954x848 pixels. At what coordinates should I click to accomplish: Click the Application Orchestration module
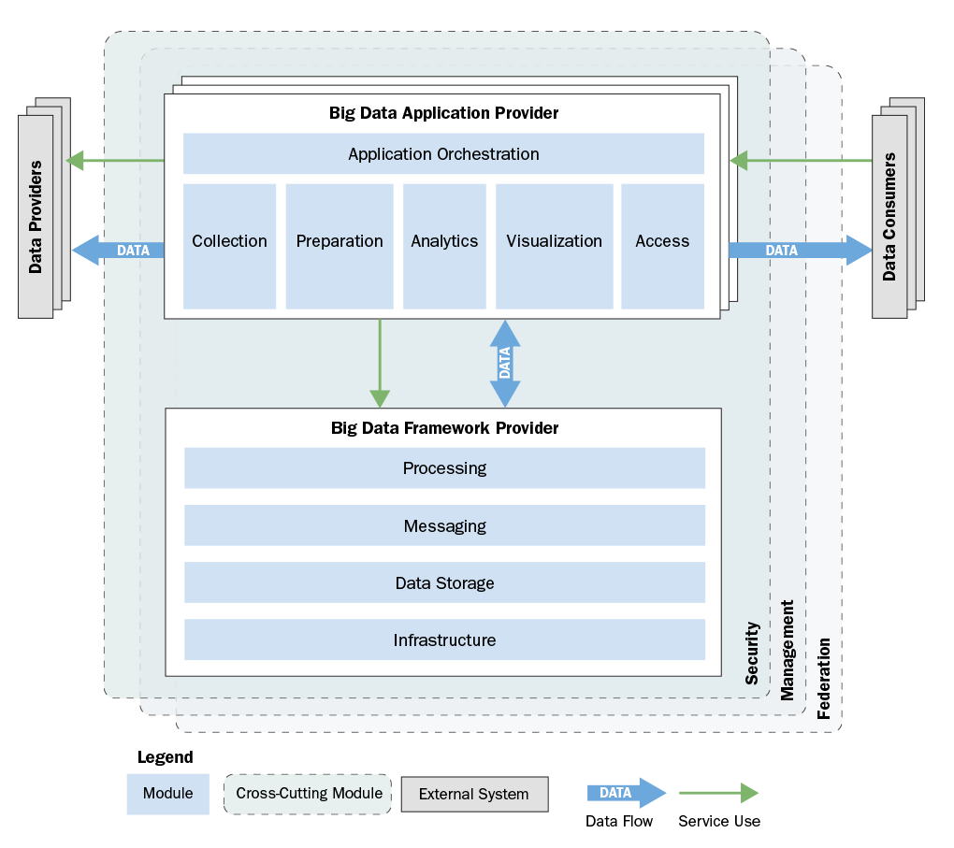pyautogui.click(x=443, y=154)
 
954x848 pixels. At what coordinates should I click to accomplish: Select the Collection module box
pyautogui.click(x=229, y=246)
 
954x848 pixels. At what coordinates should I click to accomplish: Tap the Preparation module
pyautogui.click(x=340, y=246)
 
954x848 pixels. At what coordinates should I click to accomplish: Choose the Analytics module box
pyautogui.click(x=444, y=246)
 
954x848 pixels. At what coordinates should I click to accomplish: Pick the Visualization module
pyautogui.click(x=554, y=246)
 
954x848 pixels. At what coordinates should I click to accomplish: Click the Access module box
pyautogui.click(x=662, y=246)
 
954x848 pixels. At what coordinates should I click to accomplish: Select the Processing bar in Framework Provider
pyautogui.click(x=444, y=467)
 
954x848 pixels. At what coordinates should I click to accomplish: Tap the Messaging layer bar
pyautogui.click(x=444, y=525)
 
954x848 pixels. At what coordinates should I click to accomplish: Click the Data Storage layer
pyautogui.click(x=444, y=582)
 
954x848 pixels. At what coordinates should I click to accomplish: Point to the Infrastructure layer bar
pyautogui.click(x=444, y=640)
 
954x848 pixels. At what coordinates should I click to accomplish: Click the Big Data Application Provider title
pyautogui.click(x=443, y=113)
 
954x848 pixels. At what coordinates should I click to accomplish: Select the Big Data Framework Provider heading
pyautogui.click(x=444, y=428)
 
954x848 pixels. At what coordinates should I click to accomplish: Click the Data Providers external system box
pyautogui.click(x=36, y=217)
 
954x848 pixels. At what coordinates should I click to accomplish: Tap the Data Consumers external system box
pyautogui.click(x=889, y=217)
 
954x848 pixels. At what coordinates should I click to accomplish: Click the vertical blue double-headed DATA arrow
pyautogui.click(x=505, y=363)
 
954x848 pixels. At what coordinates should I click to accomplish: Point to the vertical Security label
pyautogui.click(x=752, y=654)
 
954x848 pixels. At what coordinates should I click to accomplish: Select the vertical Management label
pyautogui.click(x=788, y=650)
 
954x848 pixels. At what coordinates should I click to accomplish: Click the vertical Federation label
pyautogui.click(x=824, y=679)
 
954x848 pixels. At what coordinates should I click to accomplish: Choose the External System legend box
pyautogui.click(x=474, y=795)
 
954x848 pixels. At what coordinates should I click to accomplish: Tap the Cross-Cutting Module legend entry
pyautogui.click(x=308, y=794)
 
